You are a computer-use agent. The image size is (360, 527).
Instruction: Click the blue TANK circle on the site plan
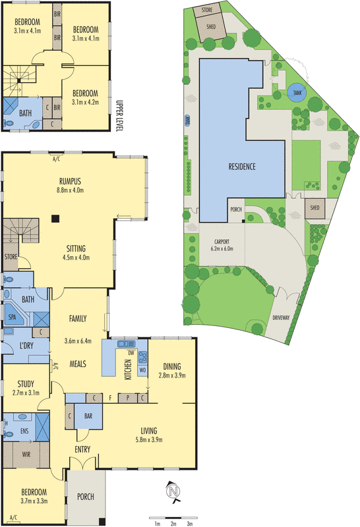click(294, 93)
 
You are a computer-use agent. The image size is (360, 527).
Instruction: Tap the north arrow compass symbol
click(173, 491)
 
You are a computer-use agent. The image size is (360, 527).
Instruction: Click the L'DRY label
click(27, 346)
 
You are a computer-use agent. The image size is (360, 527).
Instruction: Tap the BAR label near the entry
click(88, 417)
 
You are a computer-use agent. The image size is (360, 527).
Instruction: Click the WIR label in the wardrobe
click(27, 454)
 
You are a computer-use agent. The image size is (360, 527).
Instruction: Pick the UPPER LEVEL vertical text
click(119, 115)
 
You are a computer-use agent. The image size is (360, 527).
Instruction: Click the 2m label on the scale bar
click(173, 524)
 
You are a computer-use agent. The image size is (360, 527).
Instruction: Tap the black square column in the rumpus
click(56, 219)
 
